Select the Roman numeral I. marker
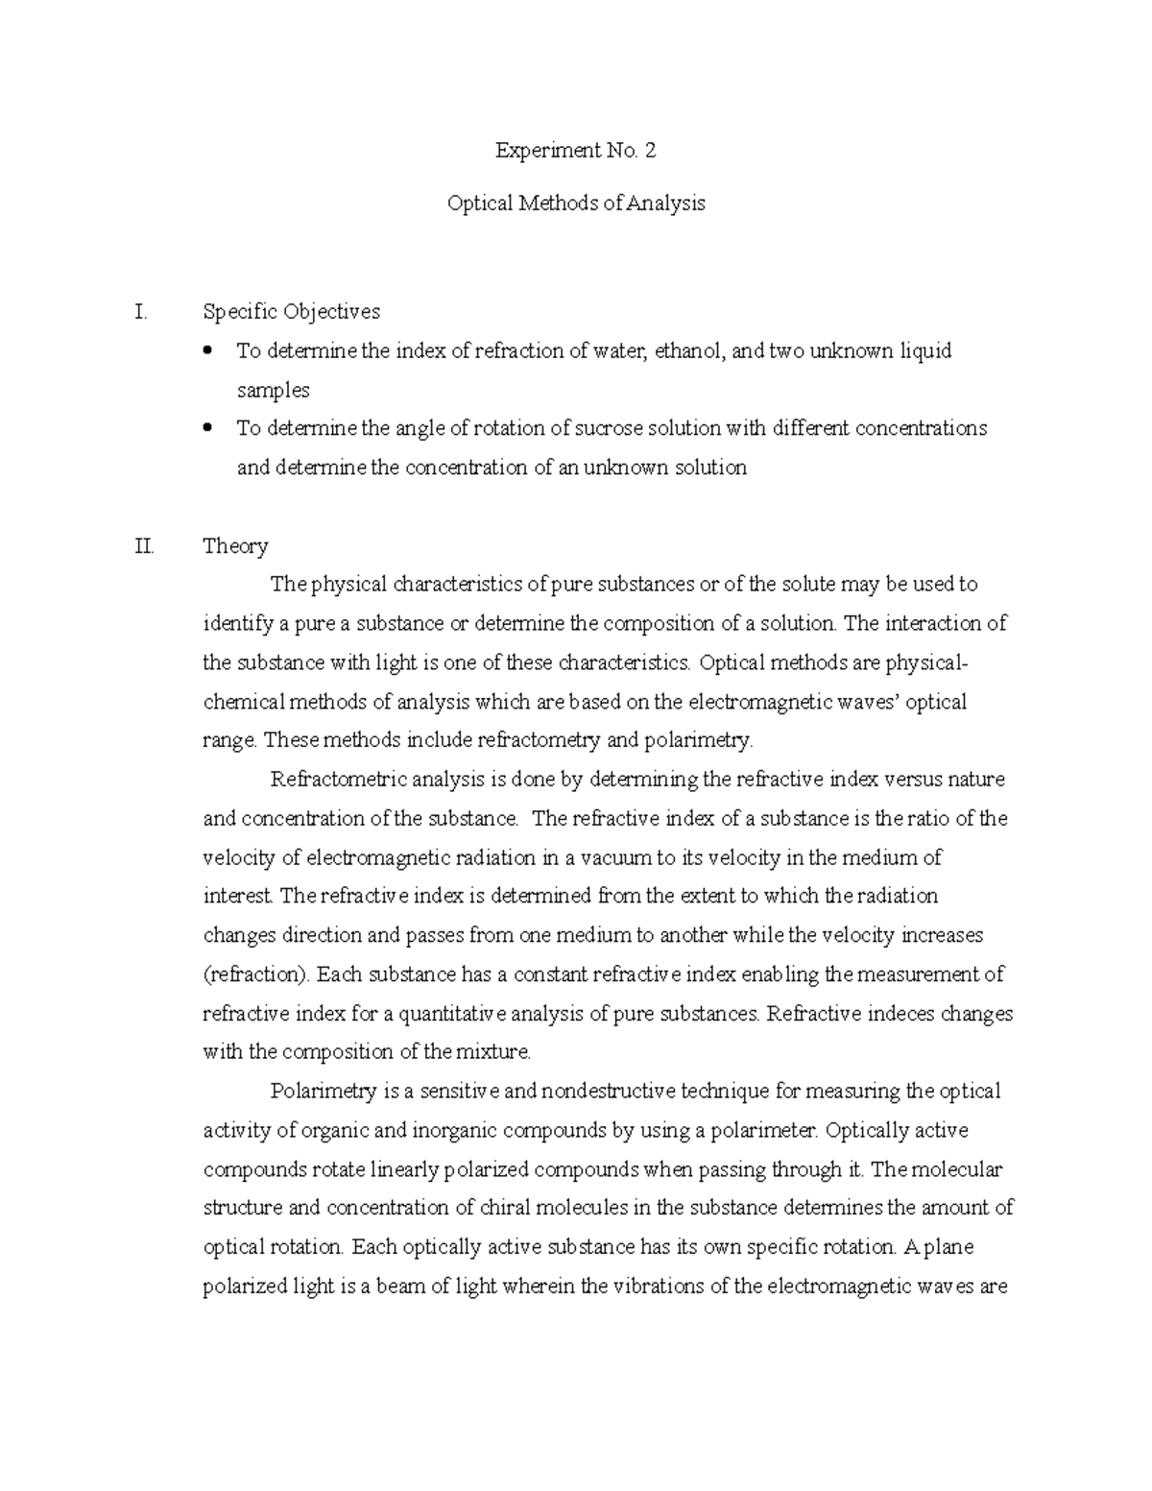(142, 311)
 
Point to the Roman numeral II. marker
(145, 546)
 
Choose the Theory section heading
(235, 546)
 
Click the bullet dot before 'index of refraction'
(209, 350)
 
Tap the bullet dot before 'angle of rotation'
(209, 428)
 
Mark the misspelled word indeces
(900, 1014)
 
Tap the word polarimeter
(765, 1130)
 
